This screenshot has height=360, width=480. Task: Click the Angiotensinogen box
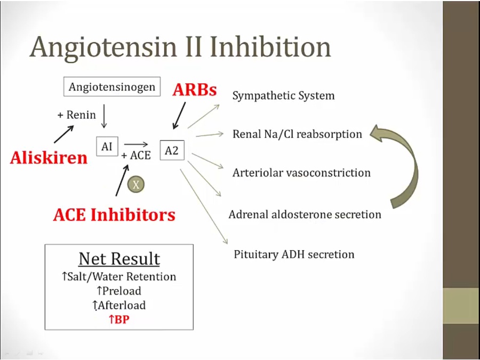[112, 87]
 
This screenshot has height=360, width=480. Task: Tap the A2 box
[171, 151]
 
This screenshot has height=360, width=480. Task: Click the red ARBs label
[195, 90]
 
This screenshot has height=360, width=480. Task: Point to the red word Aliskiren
[49, 158]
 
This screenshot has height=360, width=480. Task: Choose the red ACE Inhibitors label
[114, 215]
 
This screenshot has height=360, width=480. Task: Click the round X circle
[136, 185]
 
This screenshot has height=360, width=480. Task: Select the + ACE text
[136, 156]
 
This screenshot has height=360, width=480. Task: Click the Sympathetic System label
[283, 96]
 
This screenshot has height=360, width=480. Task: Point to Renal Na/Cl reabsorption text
[297, 134]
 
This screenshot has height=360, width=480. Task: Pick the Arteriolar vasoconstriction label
[301, 173]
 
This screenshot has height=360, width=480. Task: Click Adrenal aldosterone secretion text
[305, 215]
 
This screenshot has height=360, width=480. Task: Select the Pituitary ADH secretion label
[294, 254]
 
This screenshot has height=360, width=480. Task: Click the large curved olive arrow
[408, 165]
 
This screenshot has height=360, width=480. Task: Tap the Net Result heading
[119, 259]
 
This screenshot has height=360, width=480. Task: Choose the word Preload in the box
[122, 291]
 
